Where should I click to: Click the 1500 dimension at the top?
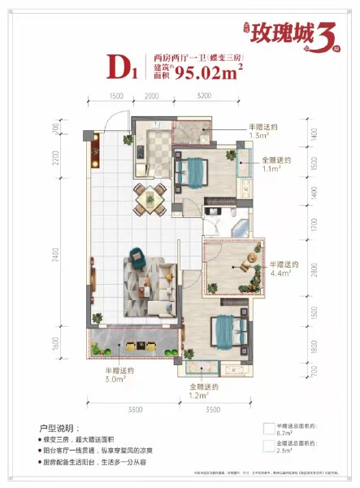pyautogui.click(x=115, y=96)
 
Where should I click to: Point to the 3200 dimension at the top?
pyautogui.click(x=202, y=96)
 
